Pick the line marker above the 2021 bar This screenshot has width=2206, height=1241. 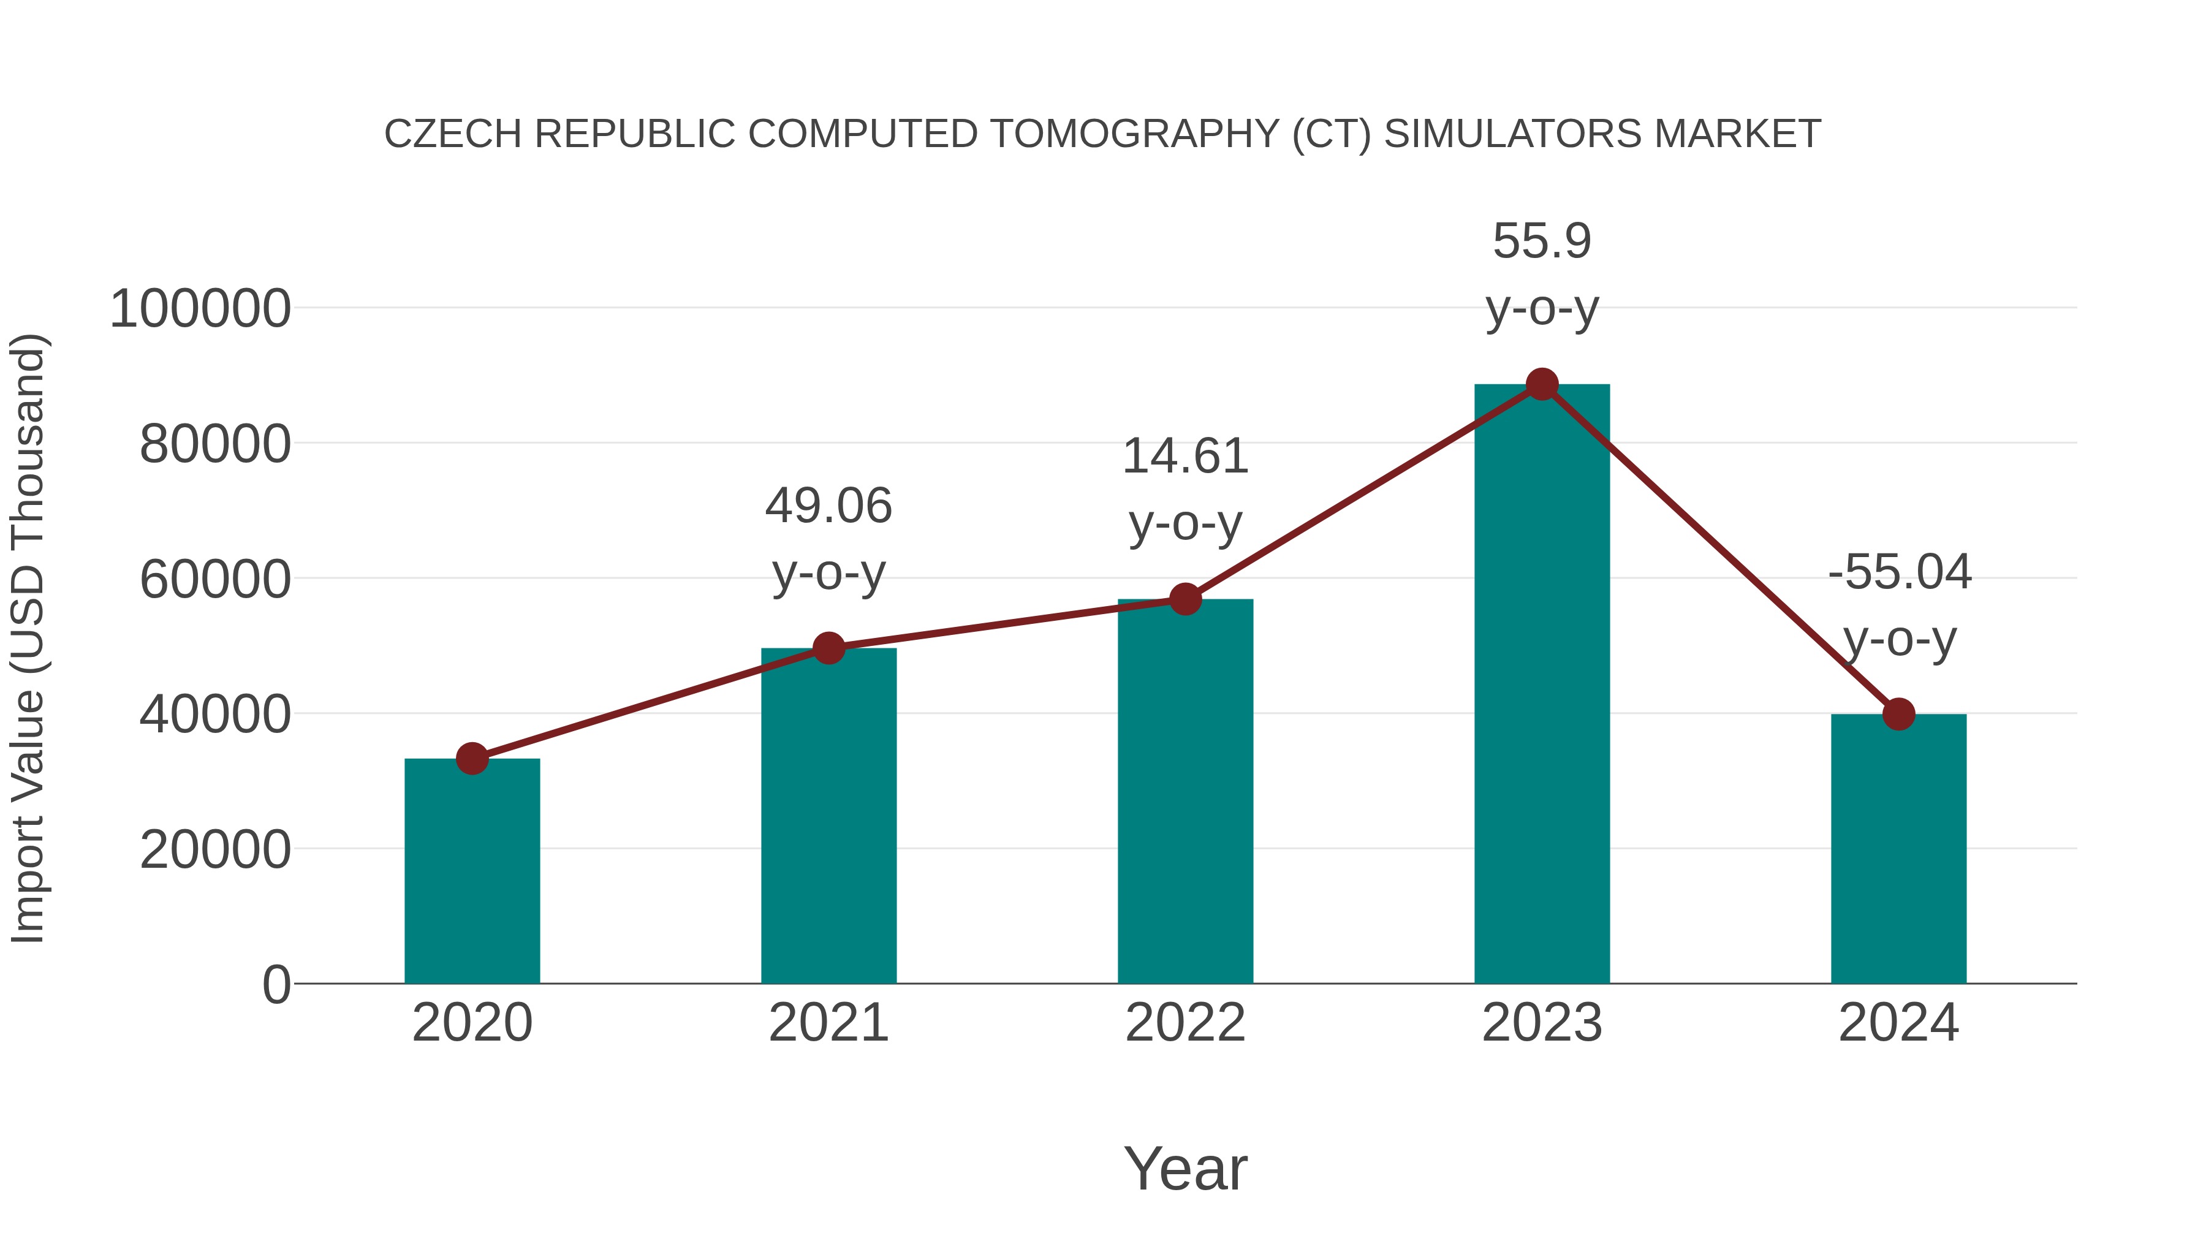coord(829,648)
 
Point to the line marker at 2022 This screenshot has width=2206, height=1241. coord(1185,599)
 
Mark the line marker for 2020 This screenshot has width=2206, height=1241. coord(472,758)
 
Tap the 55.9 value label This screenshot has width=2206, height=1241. coord(1542,241)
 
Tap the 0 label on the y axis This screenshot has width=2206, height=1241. coord(276,985)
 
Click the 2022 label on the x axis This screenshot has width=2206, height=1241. coord(1185,1023)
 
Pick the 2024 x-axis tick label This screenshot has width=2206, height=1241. coord(1898,1023)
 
